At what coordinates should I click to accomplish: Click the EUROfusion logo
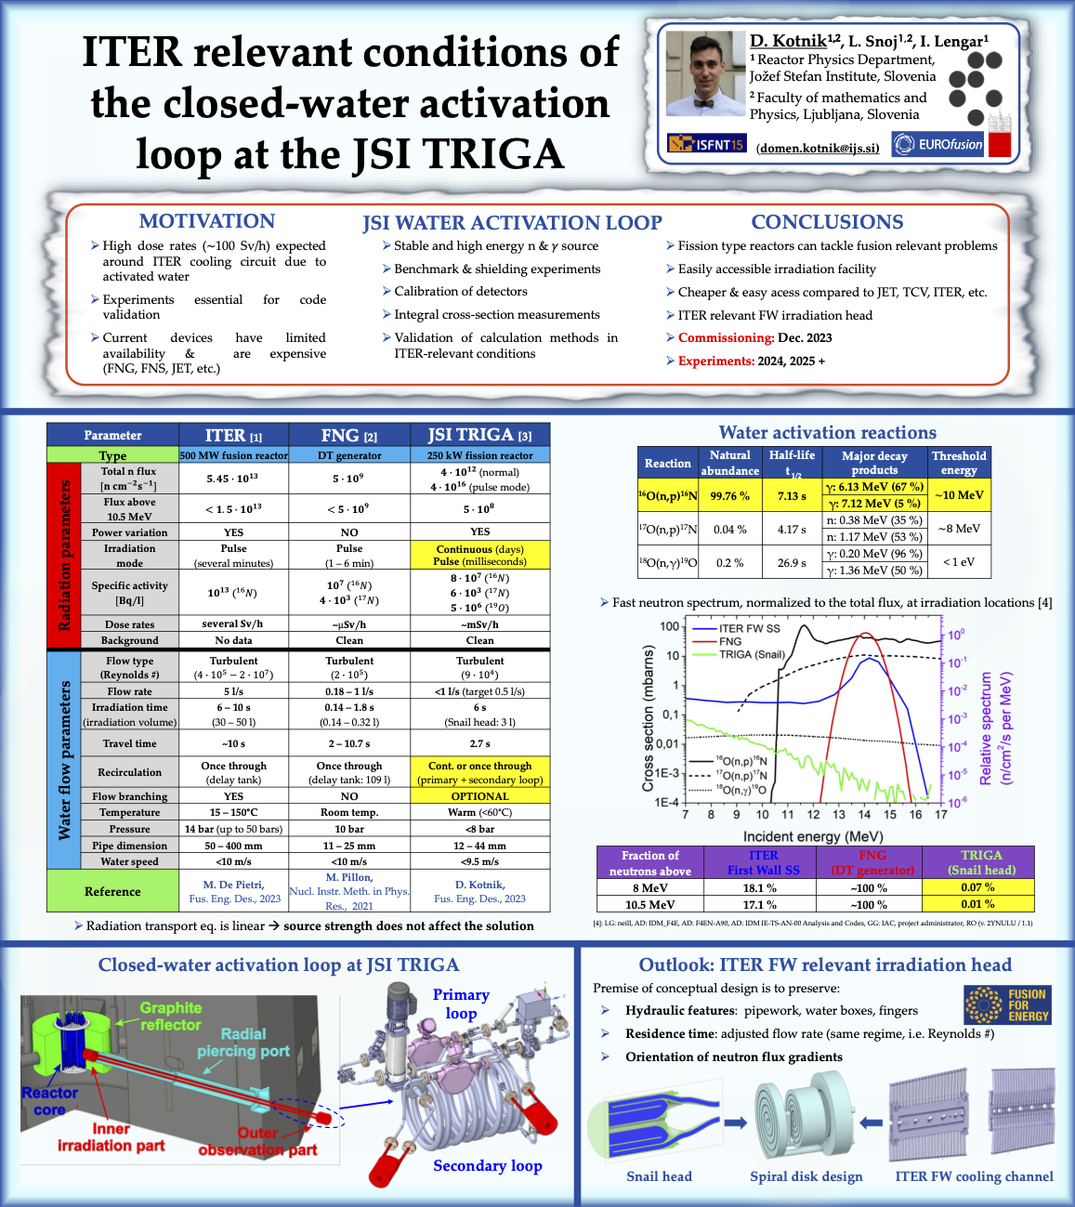click(937, 144)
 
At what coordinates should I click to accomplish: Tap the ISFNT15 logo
click(706, 144)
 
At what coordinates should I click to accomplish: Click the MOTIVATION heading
click(206, 221)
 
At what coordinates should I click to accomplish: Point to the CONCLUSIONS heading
click(827, 222)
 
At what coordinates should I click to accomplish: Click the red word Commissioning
click(726, 338)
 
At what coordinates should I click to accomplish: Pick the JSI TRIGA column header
click(479, 435)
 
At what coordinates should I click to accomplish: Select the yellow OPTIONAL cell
click(479, 796)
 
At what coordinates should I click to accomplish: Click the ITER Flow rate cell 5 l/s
click(233, 691)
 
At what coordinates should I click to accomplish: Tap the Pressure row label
click(129, 829)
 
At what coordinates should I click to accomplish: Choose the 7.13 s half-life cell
click(792, 495)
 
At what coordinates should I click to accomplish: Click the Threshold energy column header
click(959, 463)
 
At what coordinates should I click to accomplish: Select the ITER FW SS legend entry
click(749, 628)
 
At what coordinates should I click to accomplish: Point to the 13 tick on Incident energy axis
click(839, 815)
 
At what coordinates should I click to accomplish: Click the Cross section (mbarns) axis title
click(648, 719)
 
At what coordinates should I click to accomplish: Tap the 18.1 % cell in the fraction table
click(759, 888)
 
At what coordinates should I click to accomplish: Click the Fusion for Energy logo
click(1007, 1005)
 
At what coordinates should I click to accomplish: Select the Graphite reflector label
click(170, 1016)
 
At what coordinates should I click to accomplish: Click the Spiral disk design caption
click(806, 1176)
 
